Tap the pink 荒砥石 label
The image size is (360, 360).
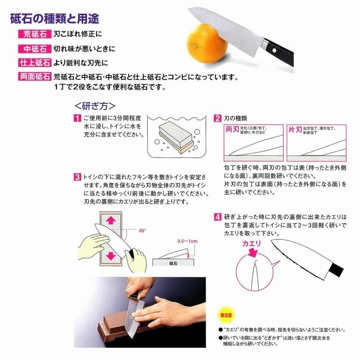(35, 34)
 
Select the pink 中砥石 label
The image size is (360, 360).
(35, 49)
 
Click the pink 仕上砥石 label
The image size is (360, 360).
(35, 63)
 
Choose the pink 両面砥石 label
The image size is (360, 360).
(35, 76)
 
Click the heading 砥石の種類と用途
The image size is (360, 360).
(54, 18)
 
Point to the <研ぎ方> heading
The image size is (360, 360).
(95, 106)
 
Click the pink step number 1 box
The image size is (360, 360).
(77, 118)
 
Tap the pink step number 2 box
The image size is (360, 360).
(217, 118)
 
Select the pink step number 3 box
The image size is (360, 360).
(77, 177)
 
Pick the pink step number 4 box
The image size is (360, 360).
(217, 217)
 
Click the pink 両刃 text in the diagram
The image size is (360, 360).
(232, 130)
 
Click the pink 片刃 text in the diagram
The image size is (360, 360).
(295, 130)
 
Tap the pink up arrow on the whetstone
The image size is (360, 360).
(111, 220)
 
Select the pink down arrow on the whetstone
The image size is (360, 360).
(111, 256)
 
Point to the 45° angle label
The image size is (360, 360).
(142, 230)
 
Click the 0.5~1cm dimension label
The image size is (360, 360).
(187, 241)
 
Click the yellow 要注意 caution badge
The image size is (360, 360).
(226, 315)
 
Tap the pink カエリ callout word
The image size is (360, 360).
(252, 243)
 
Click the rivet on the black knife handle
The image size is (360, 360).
(274, 50)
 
